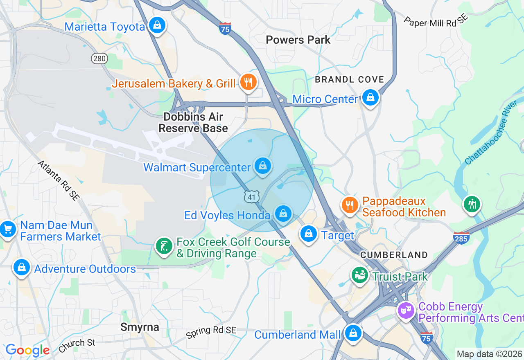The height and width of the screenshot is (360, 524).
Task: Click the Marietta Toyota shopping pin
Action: pos(157,26)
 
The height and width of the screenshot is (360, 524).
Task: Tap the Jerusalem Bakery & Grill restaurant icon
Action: pos(248,82)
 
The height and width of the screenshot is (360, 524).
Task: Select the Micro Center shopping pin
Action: pos(370,98)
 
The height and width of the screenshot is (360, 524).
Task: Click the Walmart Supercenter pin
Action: pos(263,166)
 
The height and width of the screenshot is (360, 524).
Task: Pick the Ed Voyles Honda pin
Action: pos(283,214)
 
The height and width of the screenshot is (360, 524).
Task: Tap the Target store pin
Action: pos(309,234)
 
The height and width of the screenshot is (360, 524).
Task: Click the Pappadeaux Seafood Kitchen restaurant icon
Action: pos(349,205)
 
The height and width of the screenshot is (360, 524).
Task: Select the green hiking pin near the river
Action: pos(472,203)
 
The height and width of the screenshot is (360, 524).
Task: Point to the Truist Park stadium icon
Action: pos(360,275)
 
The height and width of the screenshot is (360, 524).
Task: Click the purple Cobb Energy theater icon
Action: pos(406,310)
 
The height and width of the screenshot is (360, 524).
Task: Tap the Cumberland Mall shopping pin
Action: pos(353,333)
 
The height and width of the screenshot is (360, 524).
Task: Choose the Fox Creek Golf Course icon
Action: pos(164,246)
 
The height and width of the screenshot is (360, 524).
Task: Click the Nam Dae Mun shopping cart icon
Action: pos(8,229)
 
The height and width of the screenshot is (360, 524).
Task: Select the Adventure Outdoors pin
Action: pos(21,268)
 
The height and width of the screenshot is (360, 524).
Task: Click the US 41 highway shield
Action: pos(252,197)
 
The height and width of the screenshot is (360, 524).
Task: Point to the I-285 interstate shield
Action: pos(461,238)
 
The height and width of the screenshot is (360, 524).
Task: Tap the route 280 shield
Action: pos(99,59)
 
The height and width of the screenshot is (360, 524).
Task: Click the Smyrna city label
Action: pos(140,327)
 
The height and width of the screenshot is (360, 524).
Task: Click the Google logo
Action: pos(27,350)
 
